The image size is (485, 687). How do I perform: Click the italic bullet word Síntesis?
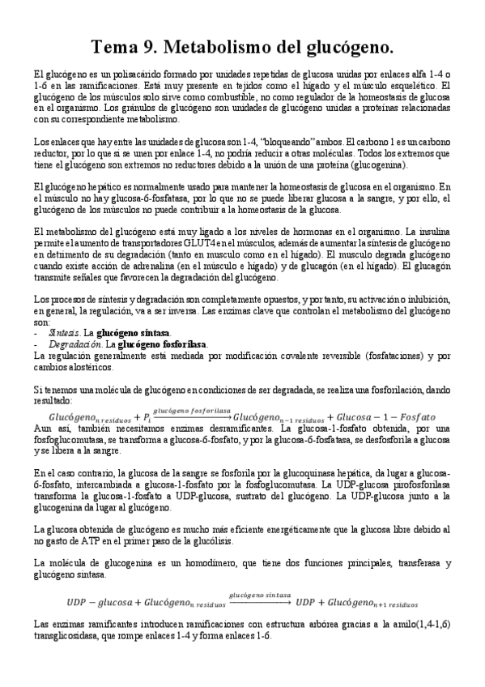pyautogui.click(x=64, y=333)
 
